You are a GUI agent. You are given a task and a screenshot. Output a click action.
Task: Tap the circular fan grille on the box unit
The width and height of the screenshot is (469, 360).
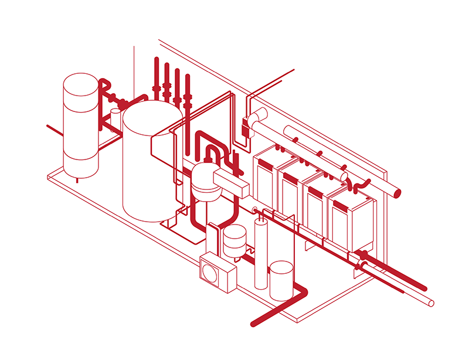pos(212,273)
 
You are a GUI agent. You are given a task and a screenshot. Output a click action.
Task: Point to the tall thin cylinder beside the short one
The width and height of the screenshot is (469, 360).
pos(261,253)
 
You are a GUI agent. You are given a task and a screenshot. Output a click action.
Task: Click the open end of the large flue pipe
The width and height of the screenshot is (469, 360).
pos(397,193)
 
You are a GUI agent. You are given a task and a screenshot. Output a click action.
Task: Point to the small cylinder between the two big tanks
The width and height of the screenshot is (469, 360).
pos(116,117)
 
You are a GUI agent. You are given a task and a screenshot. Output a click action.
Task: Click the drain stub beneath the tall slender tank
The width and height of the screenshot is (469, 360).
pos(78,181)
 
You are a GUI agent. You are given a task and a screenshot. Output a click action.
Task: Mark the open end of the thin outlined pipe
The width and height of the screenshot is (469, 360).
pos(431,303)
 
